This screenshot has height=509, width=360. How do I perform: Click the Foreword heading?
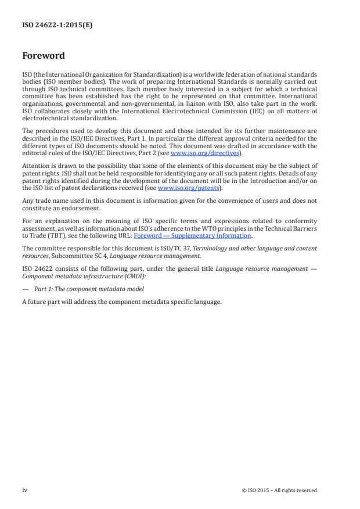[x=44, y=56]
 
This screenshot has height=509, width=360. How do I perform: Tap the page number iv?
[x=24, y=490]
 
